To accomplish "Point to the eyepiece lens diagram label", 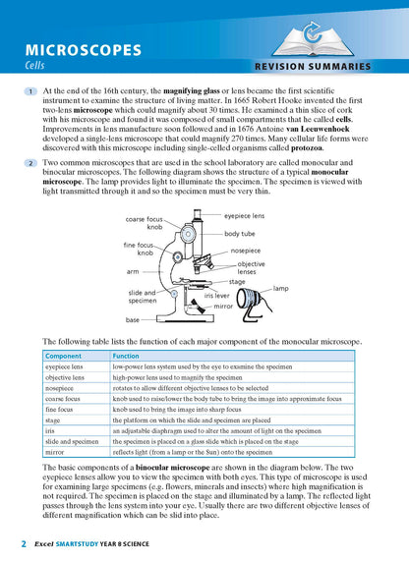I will click(x=244, y=214).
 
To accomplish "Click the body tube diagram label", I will click(x=240, y=234).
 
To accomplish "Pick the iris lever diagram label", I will click(x=217, y=295).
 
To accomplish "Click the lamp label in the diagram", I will click(x=281, y=288).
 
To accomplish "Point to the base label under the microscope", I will click(x=133, y=319).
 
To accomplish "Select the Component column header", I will click(x=64, y=356).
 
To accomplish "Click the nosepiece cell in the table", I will click(x=61, y=388).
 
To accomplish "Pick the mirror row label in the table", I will click(x=55, y=453).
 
